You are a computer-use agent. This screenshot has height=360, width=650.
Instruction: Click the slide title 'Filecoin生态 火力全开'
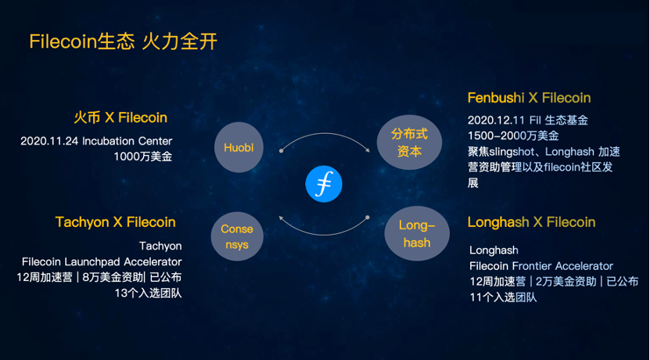click(124, 42)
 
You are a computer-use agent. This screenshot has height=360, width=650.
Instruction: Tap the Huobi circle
click(239, 147)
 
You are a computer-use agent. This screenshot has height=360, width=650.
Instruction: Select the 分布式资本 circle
click(409, 142)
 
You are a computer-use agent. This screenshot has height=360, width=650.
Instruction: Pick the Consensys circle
click(237, 236)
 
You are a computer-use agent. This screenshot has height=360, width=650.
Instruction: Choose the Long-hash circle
click(417, 234)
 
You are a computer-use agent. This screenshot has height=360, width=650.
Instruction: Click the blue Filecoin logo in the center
click(324, 184)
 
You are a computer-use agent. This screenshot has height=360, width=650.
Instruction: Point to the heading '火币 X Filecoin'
click(120, 118)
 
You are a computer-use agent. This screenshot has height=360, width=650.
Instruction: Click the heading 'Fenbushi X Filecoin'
click(529, 98)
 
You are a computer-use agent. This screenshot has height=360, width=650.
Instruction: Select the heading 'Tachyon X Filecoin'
click(115, 222)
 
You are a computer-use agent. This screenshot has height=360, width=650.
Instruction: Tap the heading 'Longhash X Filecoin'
click(531, 222)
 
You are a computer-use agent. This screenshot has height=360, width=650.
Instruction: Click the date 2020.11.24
click(50, 141)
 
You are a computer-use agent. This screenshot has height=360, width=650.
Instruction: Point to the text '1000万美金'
click(143, 157)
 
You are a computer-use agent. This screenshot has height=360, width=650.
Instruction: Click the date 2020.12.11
click(497, 121)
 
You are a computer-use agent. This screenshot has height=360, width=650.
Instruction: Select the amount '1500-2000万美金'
click(513, 135)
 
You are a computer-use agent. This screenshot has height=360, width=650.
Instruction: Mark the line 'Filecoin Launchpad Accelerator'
click(102, 261)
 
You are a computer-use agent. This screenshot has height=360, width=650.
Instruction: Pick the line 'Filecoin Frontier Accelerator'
click(541, 266)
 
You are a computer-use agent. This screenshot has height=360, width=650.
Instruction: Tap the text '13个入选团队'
click(148, 293)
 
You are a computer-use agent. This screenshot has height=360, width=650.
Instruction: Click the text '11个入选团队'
click(503, 297)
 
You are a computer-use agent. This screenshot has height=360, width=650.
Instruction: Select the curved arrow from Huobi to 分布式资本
click(325, 134)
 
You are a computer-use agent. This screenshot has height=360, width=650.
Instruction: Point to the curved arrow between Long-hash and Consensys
click(323, 234)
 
